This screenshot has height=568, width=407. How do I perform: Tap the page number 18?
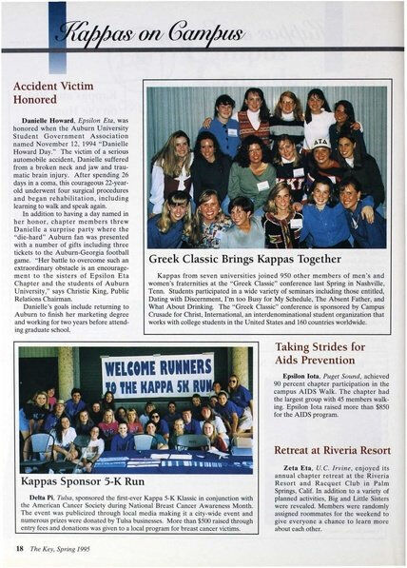(x=19, y=549)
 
